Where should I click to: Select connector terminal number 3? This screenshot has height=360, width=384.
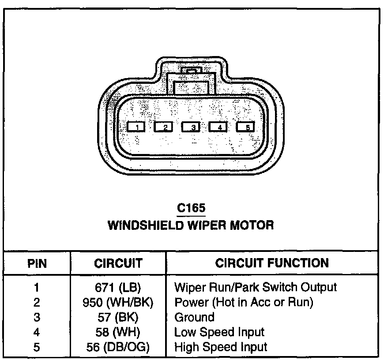[x=191, y=127]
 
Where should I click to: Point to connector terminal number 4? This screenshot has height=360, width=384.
[x=218, y=127]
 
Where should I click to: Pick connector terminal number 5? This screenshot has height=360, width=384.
[x=246, y=127]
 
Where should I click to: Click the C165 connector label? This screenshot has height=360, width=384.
[x=191, y=208]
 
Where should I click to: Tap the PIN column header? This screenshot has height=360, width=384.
[x=37, y=264]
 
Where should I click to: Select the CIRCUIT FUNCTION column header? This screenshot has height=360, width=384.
[x=272, y=263]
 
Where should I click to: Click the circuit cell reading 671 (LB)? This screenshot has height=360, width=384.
[x=118, y=288]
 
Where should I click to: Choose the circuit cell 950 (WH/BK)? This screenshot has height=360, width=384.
[x=118, y=303]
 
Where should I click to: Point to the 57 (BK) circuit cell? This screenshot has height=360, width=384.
[x=118, y=317]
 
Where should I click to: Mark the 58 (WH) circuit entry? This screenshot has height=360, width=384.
[x=118, y=332]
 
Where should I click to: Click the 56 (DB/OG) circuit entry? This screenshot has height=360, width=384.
[x=118, y=347]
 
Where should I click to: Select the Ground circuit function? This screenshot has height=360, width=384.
[x=195, y=317]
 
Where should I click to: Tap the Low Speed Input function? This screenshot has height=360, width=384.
[x=219, y=332]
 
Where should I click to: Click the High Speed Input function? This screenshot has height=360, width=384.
[x=221, y=347]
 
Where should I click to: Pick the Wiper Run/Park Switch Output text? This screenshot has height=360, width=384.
[x=256, y=288]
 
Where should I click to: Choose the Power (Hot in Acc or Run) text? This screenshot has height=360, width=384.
[x=244, y=303]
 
